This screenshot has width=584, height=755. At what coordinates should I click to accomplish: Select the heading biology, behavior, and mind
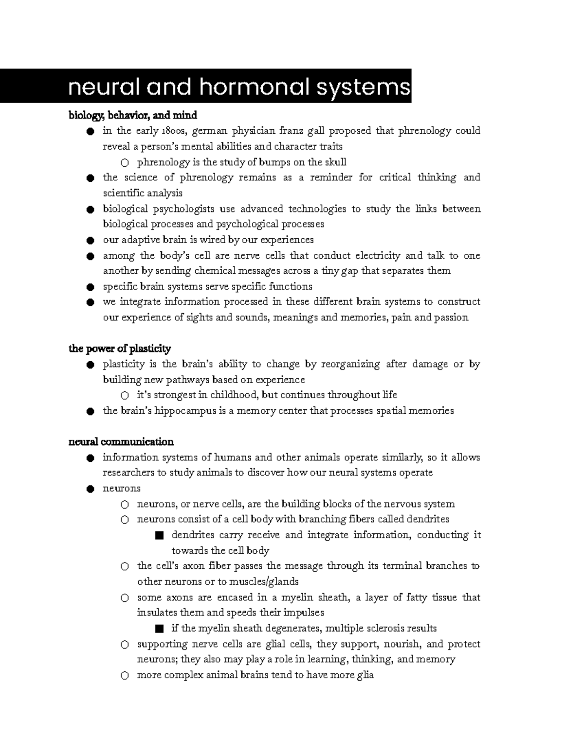[x=132, y=115]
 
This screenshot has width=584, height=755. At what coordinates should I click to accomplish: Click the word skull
[x=335, y=162]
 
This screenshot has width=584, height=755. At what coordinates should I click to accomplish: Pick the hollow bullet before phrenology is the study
[x=125, y=162]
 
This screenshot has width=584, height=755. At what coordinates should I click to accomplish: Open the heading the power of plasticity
[x=120, y=349]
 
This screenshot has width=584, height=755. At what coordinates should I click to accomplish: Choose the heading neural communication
[x=121, y=442]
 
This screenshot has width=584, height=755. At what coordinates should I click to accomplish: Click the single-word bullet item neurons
[x=122, y=489]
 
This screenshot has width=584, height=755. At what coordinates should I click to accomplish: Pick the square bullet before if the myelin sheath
[x=159, y=629]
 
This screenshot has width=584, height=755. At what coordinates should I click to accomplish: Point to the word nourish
[x=401, y=644]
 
